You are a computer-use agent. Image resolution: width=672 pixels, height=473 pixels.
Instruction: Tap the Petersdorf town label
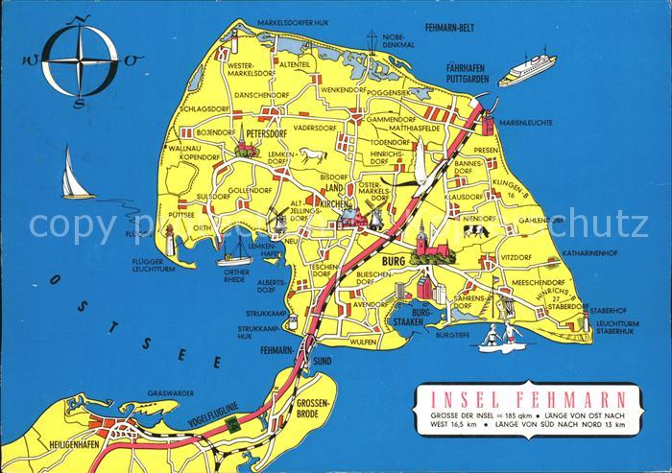(267, 134)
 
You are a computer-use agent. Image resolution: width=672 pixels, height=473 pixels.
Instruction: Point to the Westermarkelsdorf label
(226, 70)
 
